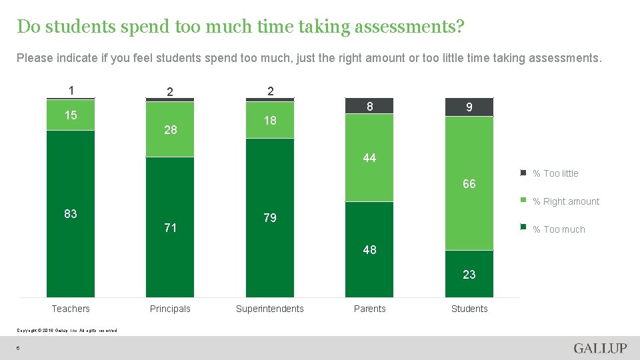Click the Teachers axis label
[71, 309]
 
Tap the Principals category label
[170, 309]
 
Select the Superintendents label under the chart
[270, 309]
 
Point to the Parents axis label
[370, 309]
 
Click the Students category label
[469, 309]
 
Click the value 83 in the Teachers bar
[71, 214]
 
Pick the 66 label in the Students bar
[469, 184]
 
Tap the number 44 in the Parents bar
[370, 158]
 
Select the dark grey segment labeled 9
[469, 107]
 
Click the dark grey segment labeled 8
[370, 105]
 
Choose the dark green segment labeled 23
[469, 274]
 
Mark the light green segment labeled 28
[170, 130]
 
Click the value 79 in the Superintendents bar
[270, 218]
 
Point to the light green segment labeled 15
[71, 115]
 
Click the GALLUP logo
[600, 349]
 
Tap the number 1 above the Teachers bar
[71, 91]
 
